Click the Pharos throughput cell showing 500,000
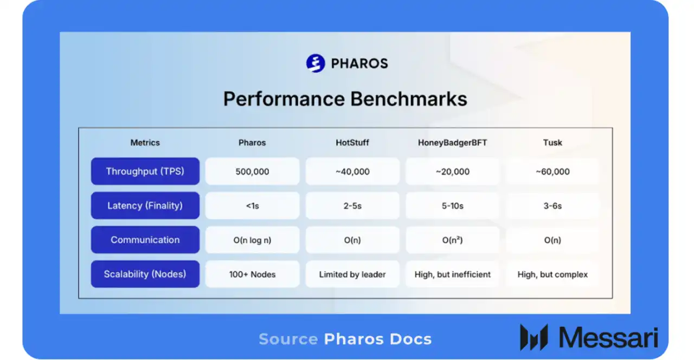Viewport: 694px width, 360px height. [252, 171]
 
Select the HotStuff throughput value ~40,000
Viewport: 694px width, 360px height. [352, 171]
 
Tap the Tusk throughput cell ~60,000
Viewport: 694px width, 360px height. [552, 171]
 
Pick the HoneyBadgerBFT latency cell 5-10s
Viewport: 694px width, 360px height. [452, 206]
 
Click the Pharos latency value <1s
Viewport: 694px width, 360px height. [252, 206]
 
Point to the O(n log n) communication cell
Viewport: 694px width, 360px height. [252, 240]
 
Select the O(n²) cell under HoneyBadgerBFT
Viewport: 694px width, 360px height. [452, 240]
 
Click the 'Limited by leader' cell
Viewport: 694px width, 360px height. [352, 274]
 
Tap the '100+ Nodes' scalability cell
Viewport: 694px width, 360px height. [252, 274]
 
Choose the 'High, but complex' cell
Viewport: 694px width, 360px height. [552, 274]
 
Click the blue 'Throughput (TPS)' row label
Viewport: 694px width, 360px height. [145, 171]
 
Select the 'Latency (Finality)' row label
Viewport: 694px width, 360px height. [145, 206]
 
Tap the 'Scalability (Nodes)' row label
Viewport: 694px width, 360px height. [145, 274]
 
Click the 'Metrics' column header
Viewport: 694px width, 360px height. [145, 143]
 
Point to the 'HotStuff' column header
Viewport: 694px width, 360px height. [352, 143]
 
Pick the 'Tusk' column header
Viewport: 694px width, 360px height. [552, 143]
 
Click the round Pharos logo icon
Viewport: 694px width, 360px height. [315, 63]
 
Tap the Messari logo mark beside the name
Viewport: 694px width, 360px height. [534, 337]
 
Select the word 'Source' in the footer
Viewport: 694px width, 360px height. [288, 339]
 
